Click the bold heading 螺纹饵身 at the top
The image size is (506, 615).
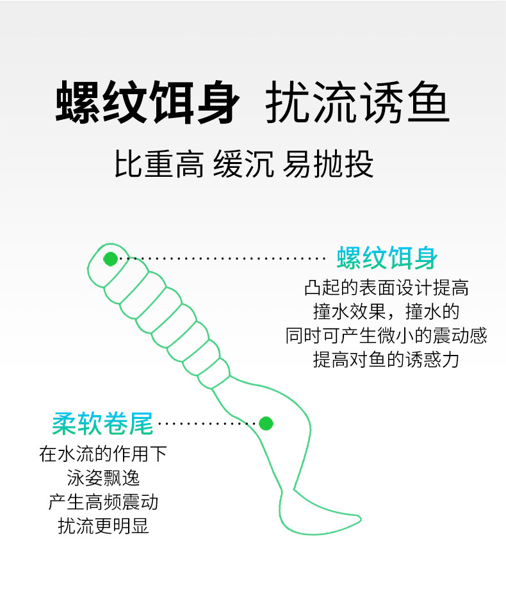(147, 102)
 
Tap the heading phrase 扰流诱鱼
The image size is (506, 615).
(357, 102)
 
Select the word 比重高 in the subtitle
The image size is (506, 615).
(159, 164)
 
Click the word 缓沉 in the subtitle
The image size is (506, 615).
(243, 164)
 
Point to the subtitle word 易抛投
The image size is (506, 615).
(328, 164)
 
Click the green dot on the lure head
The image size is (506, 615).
(111, 258)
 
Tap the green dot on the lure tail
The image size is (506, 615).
(266, 423)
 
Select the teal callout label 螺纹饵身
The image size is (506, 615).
(387, 258)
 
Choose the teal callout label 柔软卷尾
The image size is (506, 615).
(102, 423)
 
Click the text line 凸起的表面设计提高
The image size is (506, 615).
(386, 288)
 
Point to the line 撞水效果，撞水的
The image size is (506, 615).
(386, 312)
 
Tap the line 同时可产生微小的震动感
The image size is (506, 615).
(386, 336)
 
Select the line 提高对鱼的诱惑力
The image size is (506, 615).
(386, 359)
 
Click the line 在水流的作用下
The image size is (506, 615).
(103, 454)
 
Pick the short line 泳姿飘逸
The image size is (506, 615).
(103, 478)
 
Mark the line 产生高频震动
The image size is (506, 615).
(103, 502)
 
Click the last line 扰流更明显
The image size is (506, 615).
(103, 526)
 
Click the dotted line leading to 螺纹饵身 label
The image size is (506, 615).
(222, 258)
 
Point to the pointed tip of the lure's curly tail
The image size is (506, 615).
(361, 518)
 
